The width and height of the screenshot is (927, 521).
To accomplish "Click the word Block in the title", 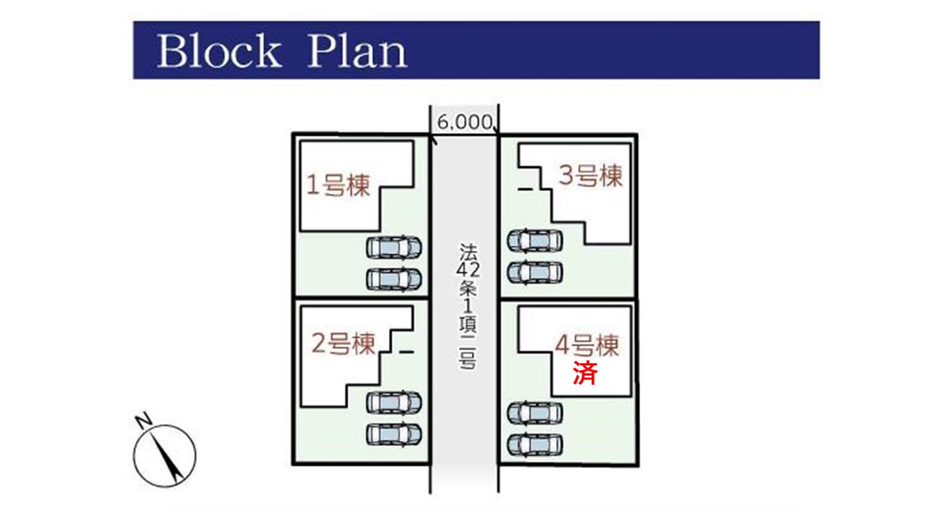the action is point(219,51).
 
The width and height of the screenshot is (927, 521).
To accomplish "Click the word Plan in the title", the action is point(358,51).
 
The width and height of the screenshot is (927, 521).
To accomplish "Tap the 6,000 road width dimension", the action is point(465,122).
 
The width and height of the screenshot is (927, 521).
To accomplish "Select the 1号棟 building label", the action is point(338,185).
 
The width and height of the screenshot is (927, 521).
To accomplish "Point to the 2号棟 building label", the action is point(343,344).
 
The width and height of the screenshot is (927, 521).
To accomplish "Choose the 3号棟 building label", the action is point(590,176).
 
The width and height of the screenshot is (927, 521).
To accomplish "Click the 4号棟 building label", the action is point(587,345).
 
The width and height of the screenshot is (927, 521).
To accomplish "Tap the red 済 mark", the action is point(585,373).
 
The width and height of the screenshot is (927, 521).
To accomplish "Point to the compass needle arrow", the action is point(167,458).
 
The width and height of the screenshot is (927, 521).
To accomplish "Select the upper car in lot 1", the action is point(394,247).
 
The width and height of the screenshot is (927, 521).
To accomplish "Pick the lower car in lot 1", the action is point(394,279).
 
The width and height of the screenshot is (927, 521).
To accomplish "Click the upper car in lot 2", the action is point(394,402).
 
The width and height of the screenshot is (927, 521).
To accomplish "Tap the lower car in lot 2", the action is point(394,435).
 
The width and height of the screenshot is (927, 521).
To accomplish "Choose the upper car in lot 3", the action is point(535,240).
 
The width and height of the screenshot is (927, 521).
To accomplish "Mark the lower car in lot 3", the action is point(535,273).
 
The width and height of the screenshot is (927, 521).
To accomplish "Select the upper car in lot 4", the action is point(535,412).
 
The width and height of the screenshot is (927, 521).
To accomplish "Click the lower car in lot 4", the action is point(535,445).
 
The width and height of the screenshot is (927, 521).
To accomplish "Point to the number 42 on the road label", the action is point(468,270).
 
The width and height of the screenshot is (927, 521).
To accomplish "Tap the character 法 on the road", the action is point(468,252).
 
